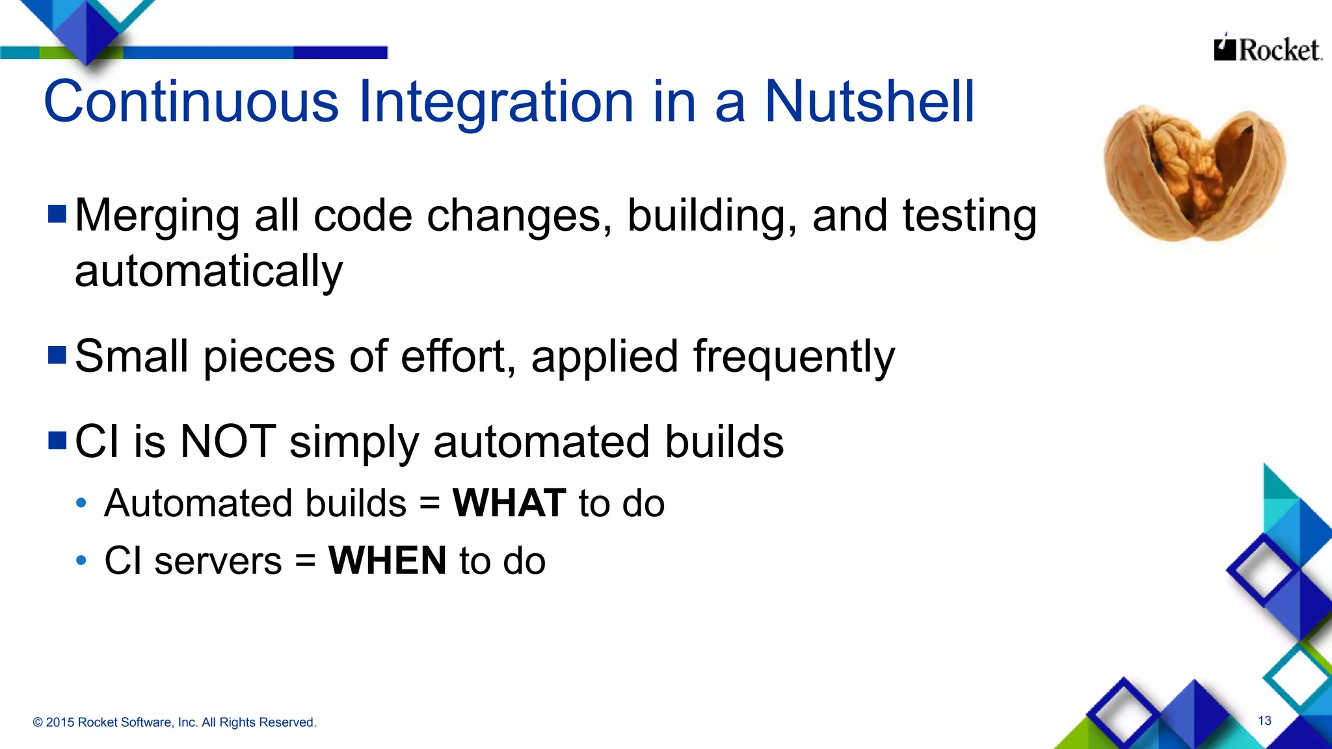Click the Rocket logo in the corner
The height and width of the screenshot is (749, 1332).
click(1267, 49)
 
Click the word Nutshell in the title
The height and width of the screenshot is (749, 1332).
click(869, 102)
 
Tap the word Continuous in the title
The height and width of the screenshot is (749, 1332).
click(191, 102)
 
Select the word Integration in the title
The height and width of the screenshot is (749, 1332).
click(496, 102)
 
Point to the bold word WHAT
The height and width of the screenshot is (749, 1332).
click(509, 503)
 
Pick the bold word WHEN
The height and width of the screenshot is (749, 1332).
click(388, 560)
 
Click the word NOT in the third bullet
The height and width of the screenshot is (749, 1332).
click(228, 442)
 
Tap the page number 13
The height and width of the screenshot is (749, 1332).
click(1264, 720)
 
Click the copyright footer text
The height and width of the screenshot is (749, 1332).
click(174, 722)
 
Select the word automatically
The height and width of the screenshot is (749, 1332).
click(208, 271)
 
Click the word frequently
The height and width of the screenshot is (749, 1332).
click(793, 357)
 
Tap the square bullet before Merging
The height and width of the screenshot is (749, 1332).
click(57, 214)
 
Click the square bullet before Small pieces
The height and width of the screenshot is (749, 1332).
click(57, 355)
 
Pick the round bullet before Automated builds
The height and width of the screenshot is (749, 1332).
click(81, 503)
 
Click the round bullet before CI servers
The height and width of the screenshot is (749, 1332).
click(81, 560)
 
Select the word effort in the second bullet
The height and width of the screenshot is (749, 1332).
click(453, 357)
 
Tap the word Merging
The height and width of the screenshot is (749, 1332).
click(157, 217)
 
